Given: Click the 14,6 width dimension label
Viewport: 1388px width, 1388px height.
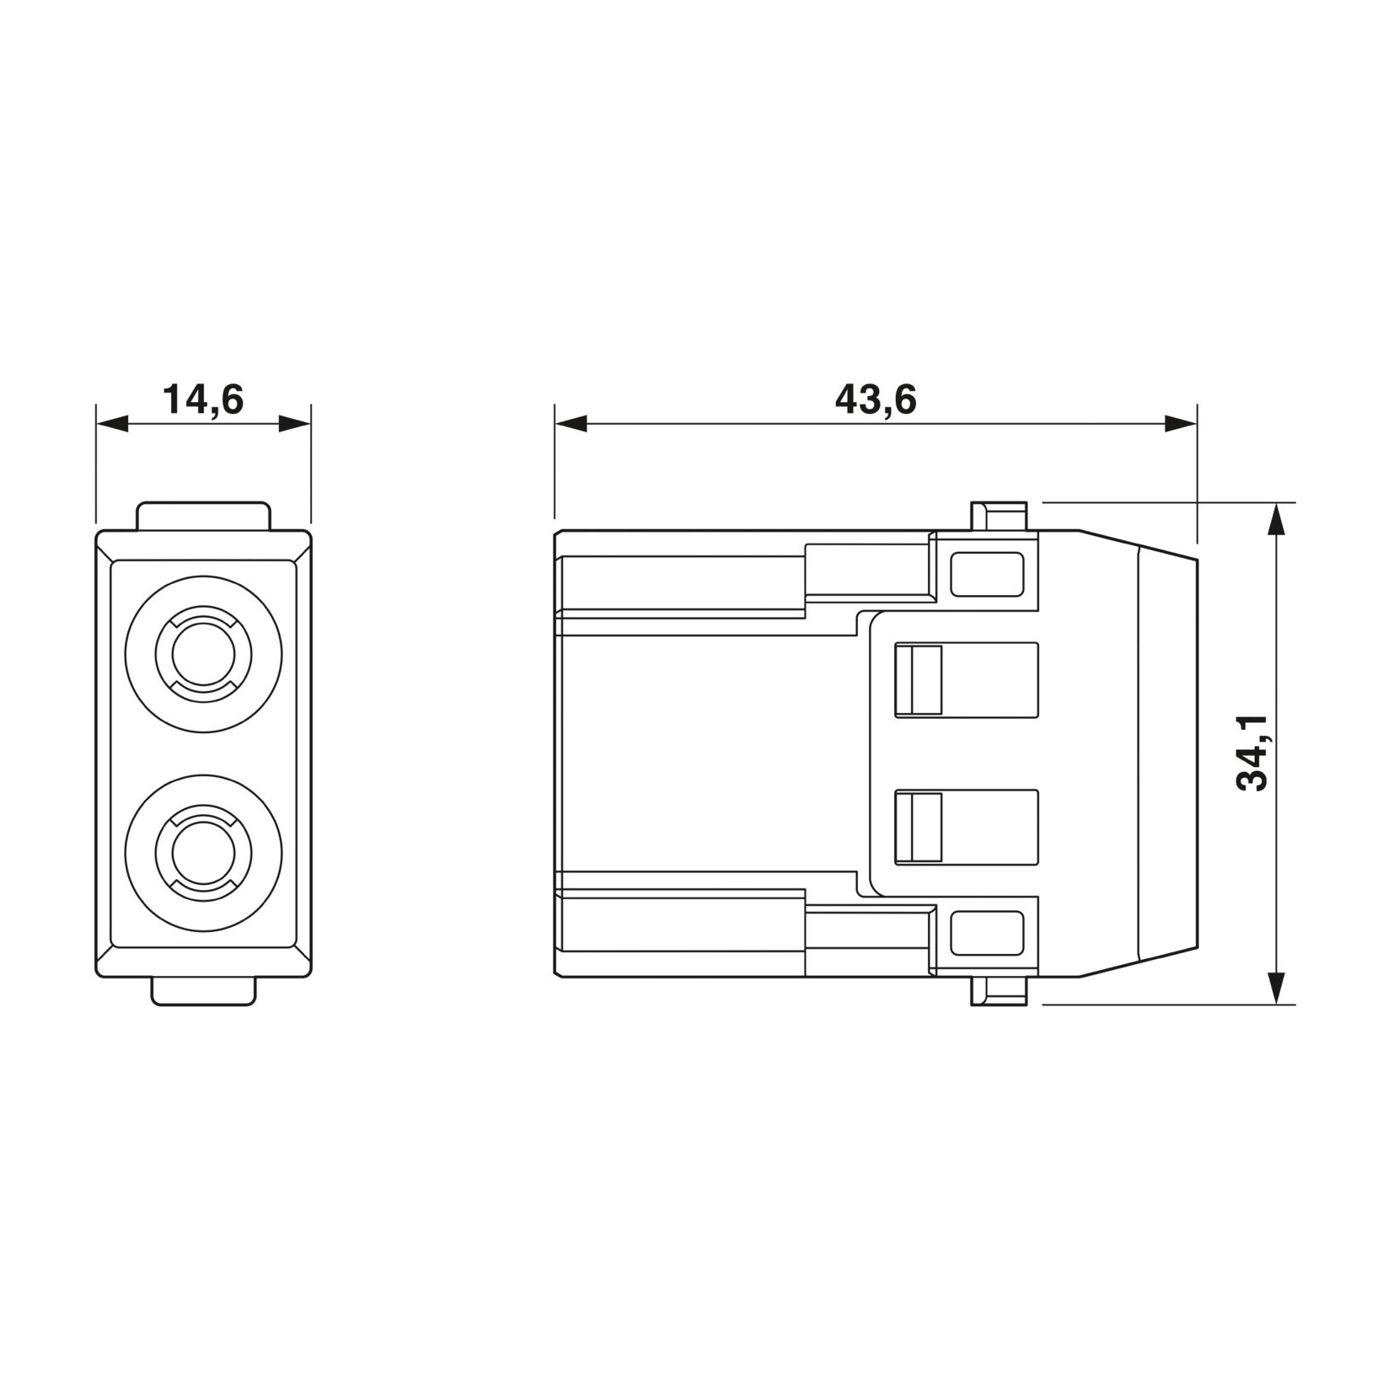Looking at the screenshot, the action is [203, 399].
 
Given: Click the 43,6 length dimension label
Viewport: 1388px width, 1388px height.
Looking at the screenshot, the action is [876, 399].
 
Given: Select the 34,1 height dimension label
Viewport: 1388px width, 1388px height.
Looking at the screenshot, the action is [1251, 753].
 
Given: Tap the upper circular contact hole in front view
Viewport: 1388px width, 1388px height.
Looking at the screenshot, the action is [203, 654].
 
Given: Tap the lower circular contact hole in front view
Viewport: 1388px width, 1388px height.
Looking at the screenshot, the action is [203, 854].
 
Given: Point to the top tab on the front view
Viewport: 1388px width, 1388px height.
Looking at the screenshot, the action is [203, 517].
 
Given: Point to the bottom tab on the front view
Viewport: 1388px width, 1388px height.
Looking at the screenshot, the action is [203, 991].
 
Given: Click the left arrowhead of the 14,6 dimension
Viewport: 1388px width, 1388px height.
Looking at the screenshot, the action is [111, 424].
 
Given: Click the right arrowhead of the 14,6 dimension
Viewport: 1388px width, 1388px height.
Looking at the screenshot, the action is [295, 424].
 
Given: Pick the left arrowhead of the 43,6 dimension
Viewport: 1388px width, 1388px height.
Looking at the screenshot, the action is [571, 424].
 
